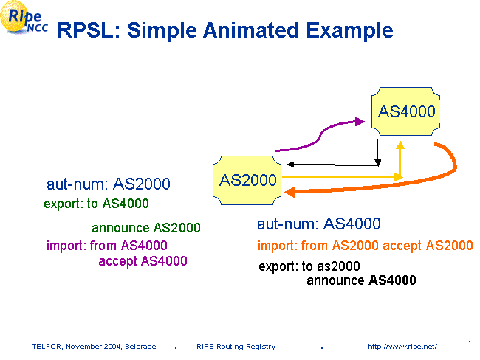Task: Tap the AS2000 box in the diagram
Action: click(x=248, y=179)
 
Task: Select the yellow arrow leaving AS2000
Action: click(x=340, y=177)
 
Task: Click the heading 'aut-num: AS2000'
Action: click(x=109, y=184)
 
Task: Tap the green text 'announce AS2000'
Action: click(x=145, y=228)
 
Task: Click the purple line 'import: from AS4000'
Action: click(x=106, y=246)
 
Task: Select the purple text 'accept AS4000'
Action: click(x=143, y=261)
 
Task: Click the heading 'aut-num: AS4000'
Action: click(x=319, y=224)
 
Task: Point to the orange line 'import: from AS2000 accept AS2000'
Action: click(x=365, y=246)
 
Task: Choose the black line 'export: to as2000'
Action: click(x=309, y=266)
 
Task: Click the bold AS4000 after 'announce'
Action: click(x=391, y=280)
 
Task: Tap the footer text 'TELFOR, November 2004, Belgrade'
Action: click(x=94, y=346)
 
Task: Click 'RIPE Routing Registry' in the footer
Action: click(x=236, y=346)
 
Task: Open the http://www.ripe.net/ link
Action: click(x=402, y=346)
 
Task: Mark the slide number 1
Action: click(x=470, y=343)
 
